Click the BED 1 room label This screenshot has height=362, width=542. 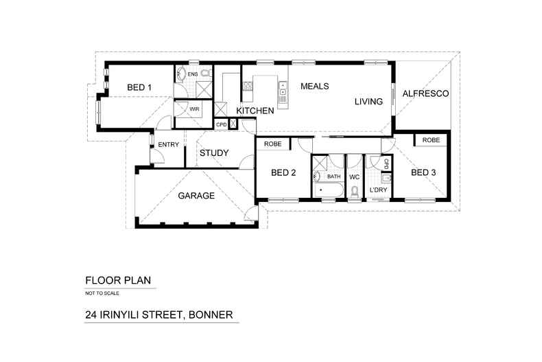pos(139,87)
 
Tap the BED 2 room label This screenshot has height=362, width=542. pos(283,172)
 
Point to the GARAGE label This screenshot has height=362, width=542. pos(197,196)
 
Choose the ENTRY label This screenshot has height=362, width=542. pos(168,144)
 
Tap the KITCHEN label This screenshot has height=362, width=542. pos(255,111)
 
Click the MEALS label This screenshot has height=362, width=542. pos(315,87)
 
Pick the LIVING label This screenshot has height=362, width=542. pos(368,102)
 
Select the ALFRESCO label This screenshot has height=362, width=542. pos(425,93)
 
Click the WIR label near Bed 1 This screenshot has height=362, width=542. pos(194,109)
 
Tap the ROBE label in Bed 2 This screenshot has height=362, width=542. pos(272,144)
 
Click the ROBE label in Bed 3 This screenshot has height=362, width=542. pos(431,140)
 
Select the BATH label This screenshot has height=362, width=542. pos(333,177)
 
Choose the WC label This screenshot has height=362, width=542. pos(355,177)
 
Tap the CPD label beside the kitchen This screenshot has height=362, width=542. pos(221,124)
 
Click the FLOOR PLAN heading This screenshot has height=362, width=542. pos(117,280)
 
